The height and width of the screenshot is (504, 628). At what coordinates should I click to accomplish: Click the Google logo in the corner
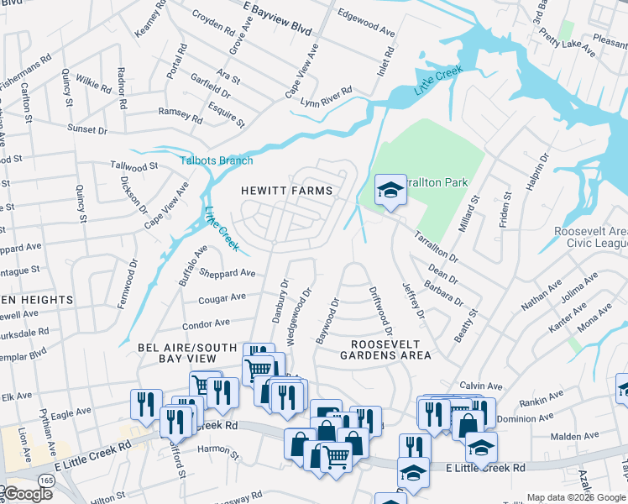point(27,494)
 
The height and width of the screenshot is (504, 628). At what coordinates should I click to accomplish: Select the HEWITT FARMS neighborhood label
point(288,191)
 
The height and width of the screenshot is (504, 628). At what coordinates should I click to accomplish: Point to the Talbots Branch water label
point(217,160)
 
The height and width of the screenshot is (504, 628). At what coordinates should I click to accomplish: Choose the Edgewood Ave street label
point(365,23)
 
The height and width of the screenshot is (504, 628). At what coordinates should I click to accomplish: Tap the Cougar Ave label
point(222,297)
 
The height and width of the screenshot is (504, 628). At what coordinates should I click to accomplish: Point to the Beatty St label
point(466,324)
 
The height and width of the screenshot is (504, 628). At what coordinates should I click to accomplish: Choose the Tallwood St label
point(134,167)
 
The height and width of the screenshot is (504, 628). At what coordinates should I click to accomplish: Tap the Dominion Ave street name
point(526,417)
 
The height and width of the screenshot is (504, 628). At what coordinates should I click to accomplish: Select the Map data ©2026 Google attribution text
point(576,497)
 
